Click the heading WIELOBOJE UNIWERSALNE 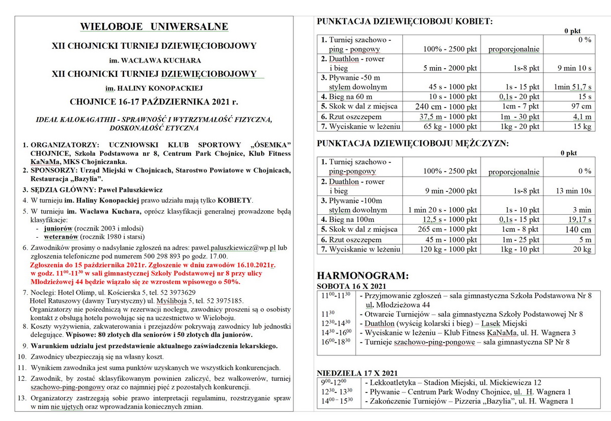click(x=154, y=27)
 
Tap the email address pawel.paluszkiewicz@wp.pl click(x=234, y=247)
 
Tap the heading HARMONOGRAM click(x=363, y=276)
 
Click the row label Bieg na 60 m click(x=346, y=97)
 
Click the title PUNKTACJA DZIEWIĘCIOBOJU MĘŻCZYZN click(x=412, y=144)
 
